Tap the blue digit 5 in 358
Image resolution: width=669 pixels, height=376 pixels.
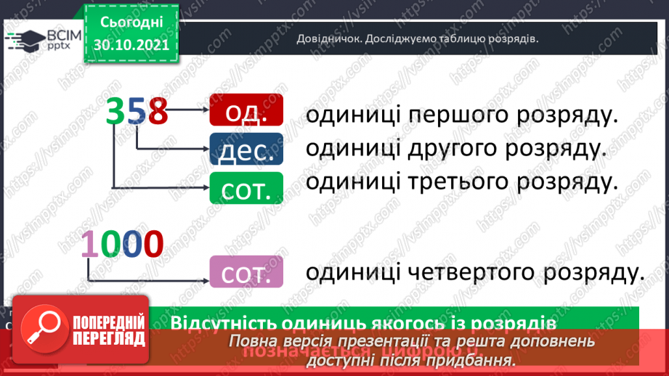pos(137,112)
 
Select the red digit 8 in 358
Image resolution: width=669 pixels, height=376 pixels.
pos(157,112)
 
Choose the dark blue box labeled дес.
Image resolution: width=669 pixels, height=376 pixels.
pos(246,150)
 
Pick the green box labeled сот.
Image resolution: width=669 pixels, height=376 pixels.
pos(246,188)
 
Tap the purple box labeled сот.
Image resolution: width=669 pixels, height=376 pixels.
pos(246,271)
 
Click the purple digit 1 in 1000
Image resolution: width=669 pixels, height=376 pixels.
pos(89,244)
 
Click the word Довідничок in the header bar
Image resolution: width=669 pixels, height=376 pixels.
pos(327,39)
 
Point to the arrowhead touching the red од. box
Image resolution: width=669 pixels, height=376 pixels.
pos(205,111)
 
